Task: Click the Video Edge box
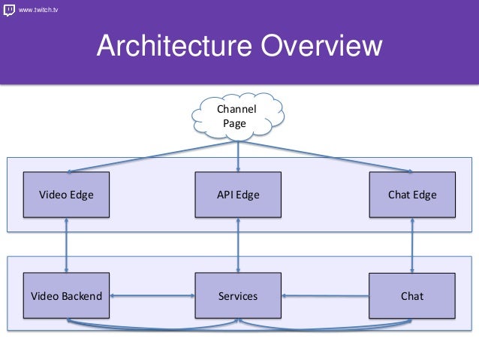[67, 195]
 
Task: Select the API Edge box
[238, 195]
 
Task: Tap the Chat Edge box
[411, 195]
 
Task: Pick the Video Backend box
[67, 296]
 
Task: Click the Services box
[238, 296]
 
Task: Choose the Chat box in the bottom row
[411, 296]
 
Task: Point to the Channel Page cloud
[238, 116]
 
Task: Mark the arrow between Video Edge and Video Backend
[67, 245]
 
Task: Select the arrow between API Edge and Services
[238, 245]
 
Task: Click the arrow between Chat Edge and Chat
[411, 245]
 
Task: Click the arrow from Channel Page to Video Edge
[150, 156]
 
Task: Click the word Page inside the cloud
[233, 123]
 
